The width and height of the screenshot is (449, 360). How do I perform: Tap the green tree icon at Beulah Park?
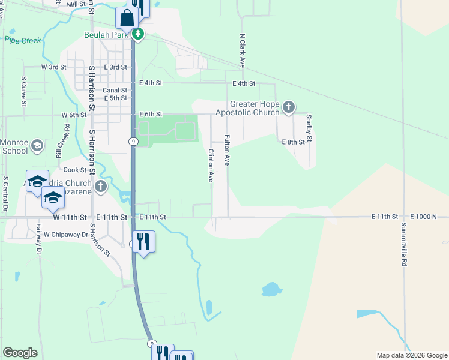[139, 34]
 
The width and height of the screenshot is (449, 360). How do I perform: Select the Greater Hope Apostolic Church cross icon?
[289, 107]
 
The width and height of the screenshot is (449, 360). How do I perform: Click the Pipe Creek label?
[23, 40]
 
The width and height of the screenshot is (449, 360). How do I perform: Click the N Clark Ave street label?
[243, 50]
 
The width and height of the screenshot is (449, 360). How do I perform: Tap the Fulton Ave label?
[228, 151]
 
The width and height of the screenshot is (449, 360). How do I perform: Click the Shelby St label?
[309, 128]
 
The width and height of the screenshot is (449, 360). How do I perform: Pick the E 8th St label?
[294, 142]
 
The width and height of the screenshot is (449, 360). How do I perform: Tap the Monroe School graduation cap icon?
[37, 146]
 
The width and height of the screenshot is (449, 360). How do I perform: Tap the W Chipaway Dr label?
[66, 235]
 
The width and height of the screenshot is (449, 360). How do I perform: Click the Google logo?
[20, 353]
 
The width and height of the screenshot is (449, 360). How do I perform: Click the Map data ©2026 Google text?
[411, 355]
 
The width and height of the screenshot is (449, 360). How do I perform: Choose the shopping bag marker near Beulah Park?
[127, 19]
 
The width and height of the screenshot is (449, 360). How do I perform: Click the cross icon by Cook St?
[100, 187]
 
